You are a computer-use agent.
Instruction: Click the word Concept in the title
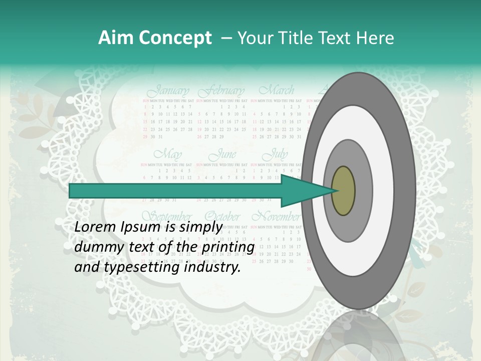pyautogui.click(x=173, y=38)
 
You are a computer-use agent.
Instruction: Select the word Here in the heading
pyautogui.click(x=375, y=38)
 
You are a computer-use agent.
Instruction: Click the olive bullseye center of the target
pyautogui.click(x=343, y=191)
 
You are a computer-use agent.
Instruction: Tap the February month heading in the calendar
pyautogui.click(x=221, y=91)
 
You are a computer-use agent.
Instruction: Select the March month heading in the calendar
pyautogui.click(x=277, y=91)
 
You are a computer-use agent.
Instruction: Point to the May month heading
pyautogui.click(x=168, y=154)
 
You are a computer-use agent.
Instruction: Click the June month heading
pyautogui.click(x=222, y=154)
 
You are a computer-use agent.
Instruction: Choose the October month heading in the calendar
pyautogui.click(x=222, y=217)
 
